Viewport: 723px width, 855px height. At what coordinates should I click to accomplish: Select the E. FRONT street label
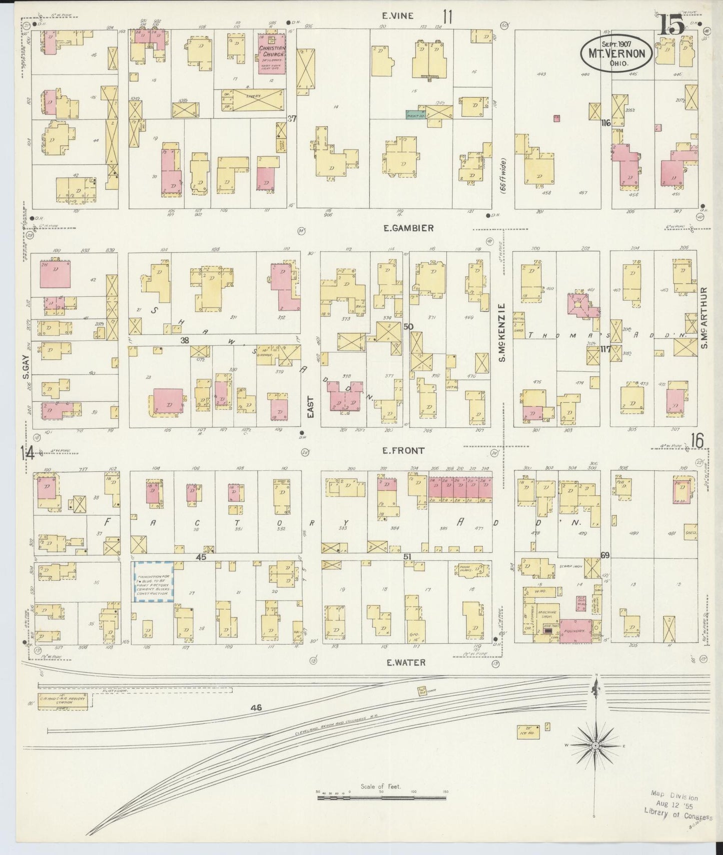[403, 450]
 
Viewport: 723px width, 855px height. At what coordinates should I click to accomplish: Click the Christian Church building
[272, 54]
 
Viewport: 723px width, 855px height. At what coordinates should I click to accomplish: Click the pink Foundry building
[575, 631]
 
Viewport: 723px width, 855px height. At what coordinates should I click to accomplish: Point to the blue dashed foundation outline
[153, 581]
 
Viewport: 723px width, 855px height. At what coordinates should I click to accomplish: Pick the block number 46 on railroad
[257, 707]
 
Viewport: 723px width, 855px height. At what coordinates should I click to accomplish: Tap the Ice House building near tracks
[528, 731]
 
